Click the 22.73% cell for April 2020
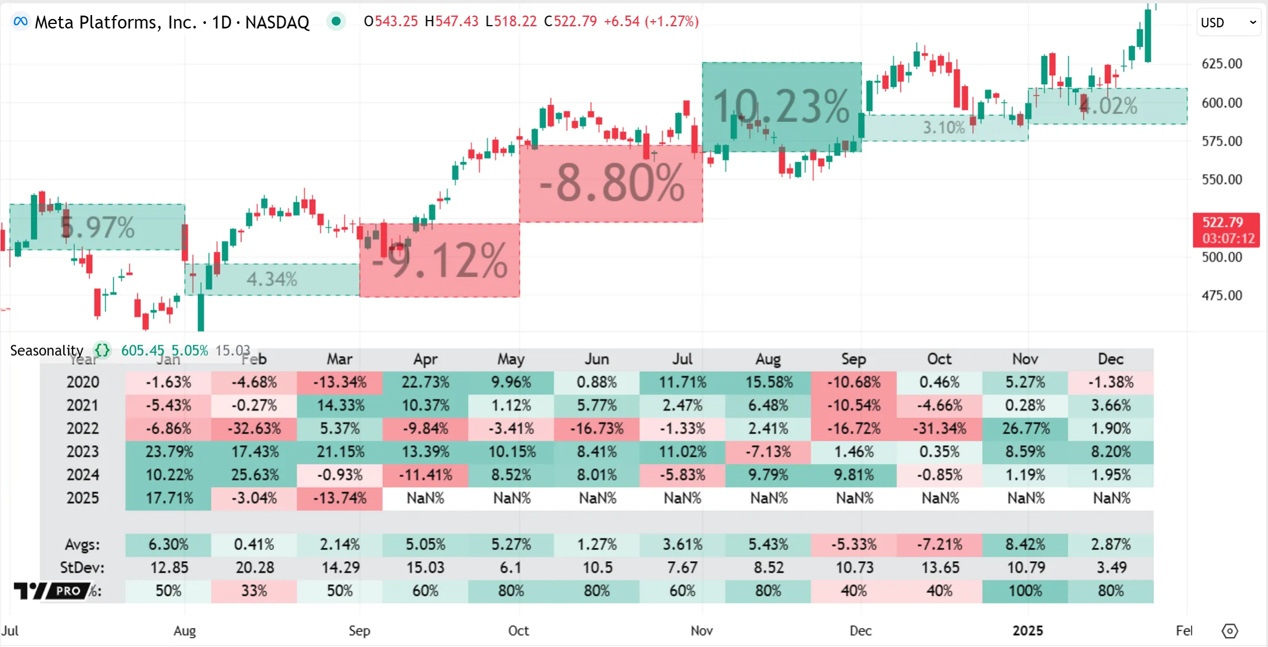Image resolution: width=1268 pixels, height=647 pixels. [x=425, y=382]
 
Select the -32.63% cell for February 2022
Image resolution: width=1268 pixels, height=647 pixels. [x=254, y=428]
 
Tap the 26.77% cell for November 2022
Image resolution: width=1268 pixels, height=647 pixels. [x=1025, y=428]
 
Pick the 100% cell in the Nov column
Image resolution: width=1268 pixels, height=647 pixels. [x=1025, y=591]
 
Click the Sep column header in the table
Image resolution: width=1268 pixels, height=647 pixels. [x=853, y=359]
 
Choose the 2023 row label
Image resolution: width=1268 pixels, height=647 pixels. [x=83, y=451]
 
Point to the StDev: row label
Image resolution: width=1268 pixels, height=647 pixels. [x=82, y=568]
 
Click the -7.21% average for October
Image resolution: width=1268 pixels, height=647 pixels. [x=939, y=544]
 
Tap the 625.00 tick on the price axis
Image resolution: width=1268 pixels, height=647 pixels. [x=1222, y=64]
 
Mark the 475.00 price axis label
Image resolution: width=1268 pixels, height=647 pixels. [x=1222, y=295]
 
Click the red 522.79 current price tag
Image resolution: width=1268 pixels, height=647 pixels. [x=1226, y=229]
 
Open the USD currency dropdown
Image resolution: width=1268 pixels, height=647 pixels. [x=1228, y=22]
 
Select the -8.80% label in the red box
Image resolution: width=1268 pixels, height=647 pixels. [x=612, y=183]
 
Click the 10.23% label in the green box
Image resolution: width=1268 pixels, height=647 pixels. [x=781, y=106]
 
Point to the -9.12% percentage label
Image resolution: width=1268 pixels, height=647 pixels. [x=440, y=260]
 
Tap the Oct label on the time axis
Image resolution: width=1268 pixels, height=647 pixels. [x=518, y=630]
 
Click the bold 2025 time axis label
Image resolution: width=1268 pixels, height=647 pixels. [x=1027, y=630]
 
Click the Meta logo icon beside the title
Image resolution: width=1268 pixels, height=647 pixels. [x=21, y=22]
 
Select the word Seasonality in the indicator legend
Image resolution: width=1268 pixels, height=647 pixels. [x=47, y=350]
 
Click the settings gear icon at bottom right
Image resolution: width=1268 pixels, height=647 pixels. [x=1229, y=631]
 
